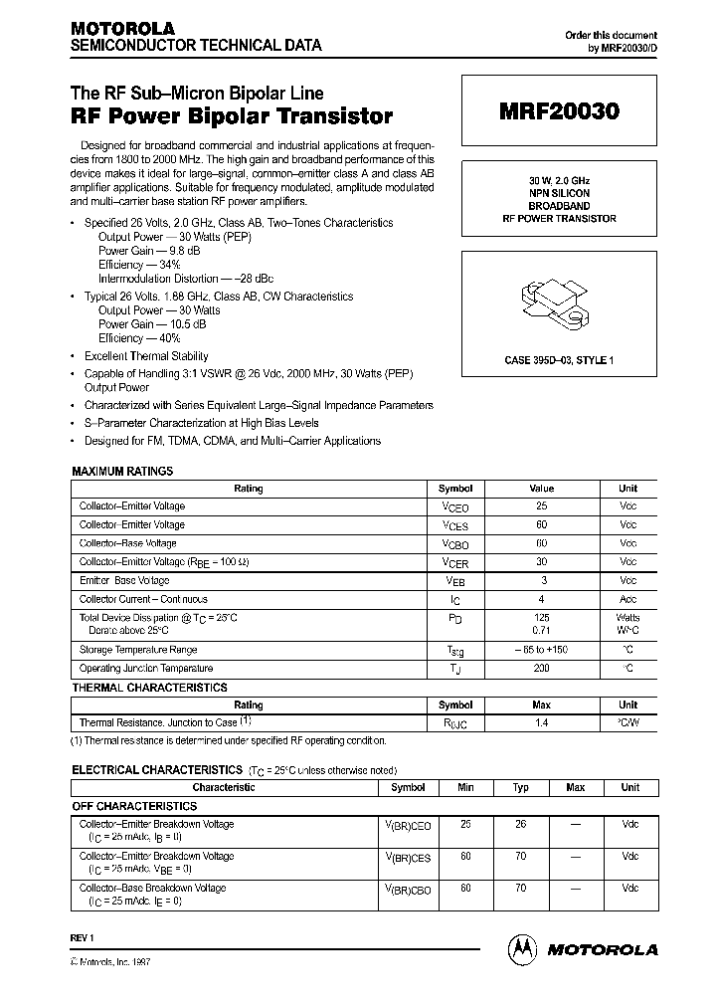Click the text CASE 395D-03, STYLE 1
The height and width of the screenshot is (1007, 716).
point(558,360)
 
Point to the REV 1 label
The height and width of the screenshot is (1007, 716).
point(82,938)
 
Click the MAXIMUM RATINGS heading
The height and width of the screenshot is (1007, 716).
point(122,471)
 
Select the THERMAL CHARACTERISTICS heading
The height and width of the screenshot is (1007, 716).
point(149,688)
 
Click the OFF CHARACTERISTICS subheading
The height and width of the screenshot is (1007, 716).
point(134,806)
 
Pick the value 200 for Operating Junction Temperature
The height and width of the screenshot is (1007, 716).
point(541,669)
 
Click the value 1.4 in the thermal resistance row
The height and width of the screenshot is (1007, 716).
point(541,722)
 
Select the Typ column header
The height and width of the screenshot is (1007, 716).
point(519,787)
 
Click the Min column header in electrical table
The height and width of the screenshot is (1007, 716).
point(465,787)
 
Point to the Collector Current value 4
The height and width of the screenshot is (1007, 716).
point(541,599)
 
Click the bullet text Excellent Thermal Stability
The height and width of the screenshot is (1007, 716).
point(145,356)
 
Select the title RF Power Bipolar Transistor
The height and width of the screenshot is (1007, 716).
point(231,116)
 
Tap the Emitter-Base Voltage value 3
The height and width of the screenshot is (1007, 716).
point(541,580)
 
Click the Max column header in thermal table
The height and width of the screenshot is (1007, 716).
point(541,705)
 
